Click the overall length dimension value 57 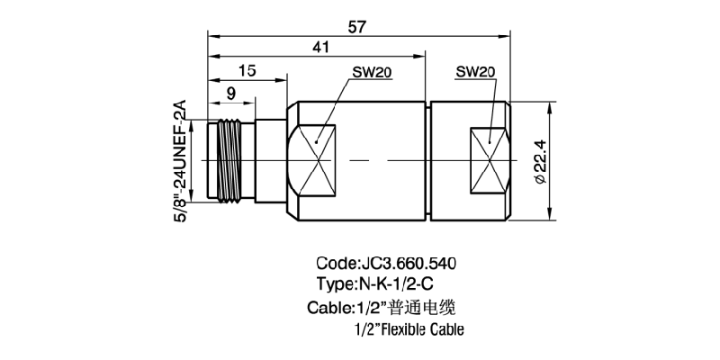(x=356, y=26)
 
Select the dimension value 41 (x=320, y=48)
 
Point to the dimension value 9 (x=231, y=91)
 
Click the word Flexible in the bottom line (x=409, y=329)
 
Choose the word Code (x=335, y=265)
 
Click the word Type (x=335, y=285)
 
